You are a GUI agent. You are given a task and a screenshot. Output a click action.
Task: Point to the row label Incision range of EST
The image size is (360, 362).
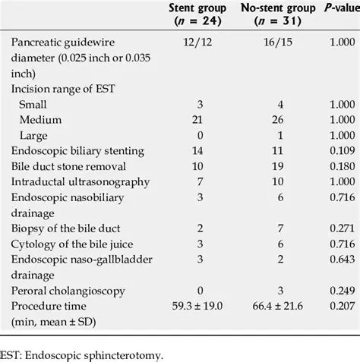point(62,90)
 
